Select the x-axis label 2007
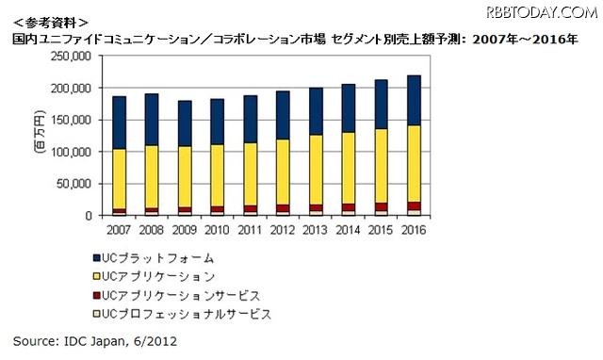pos(119,229)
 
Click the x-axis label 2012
pos(282,229)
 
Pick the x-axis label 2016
pos(413,229)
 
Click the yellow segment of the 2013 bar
pos(315,170)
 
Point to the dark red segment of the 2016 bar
pos(413,205)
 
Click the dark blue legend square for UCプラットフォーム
pos(98,255)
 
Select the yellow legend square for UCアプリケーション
pos(98,274)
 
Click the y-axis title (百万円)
pos(40,136)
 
